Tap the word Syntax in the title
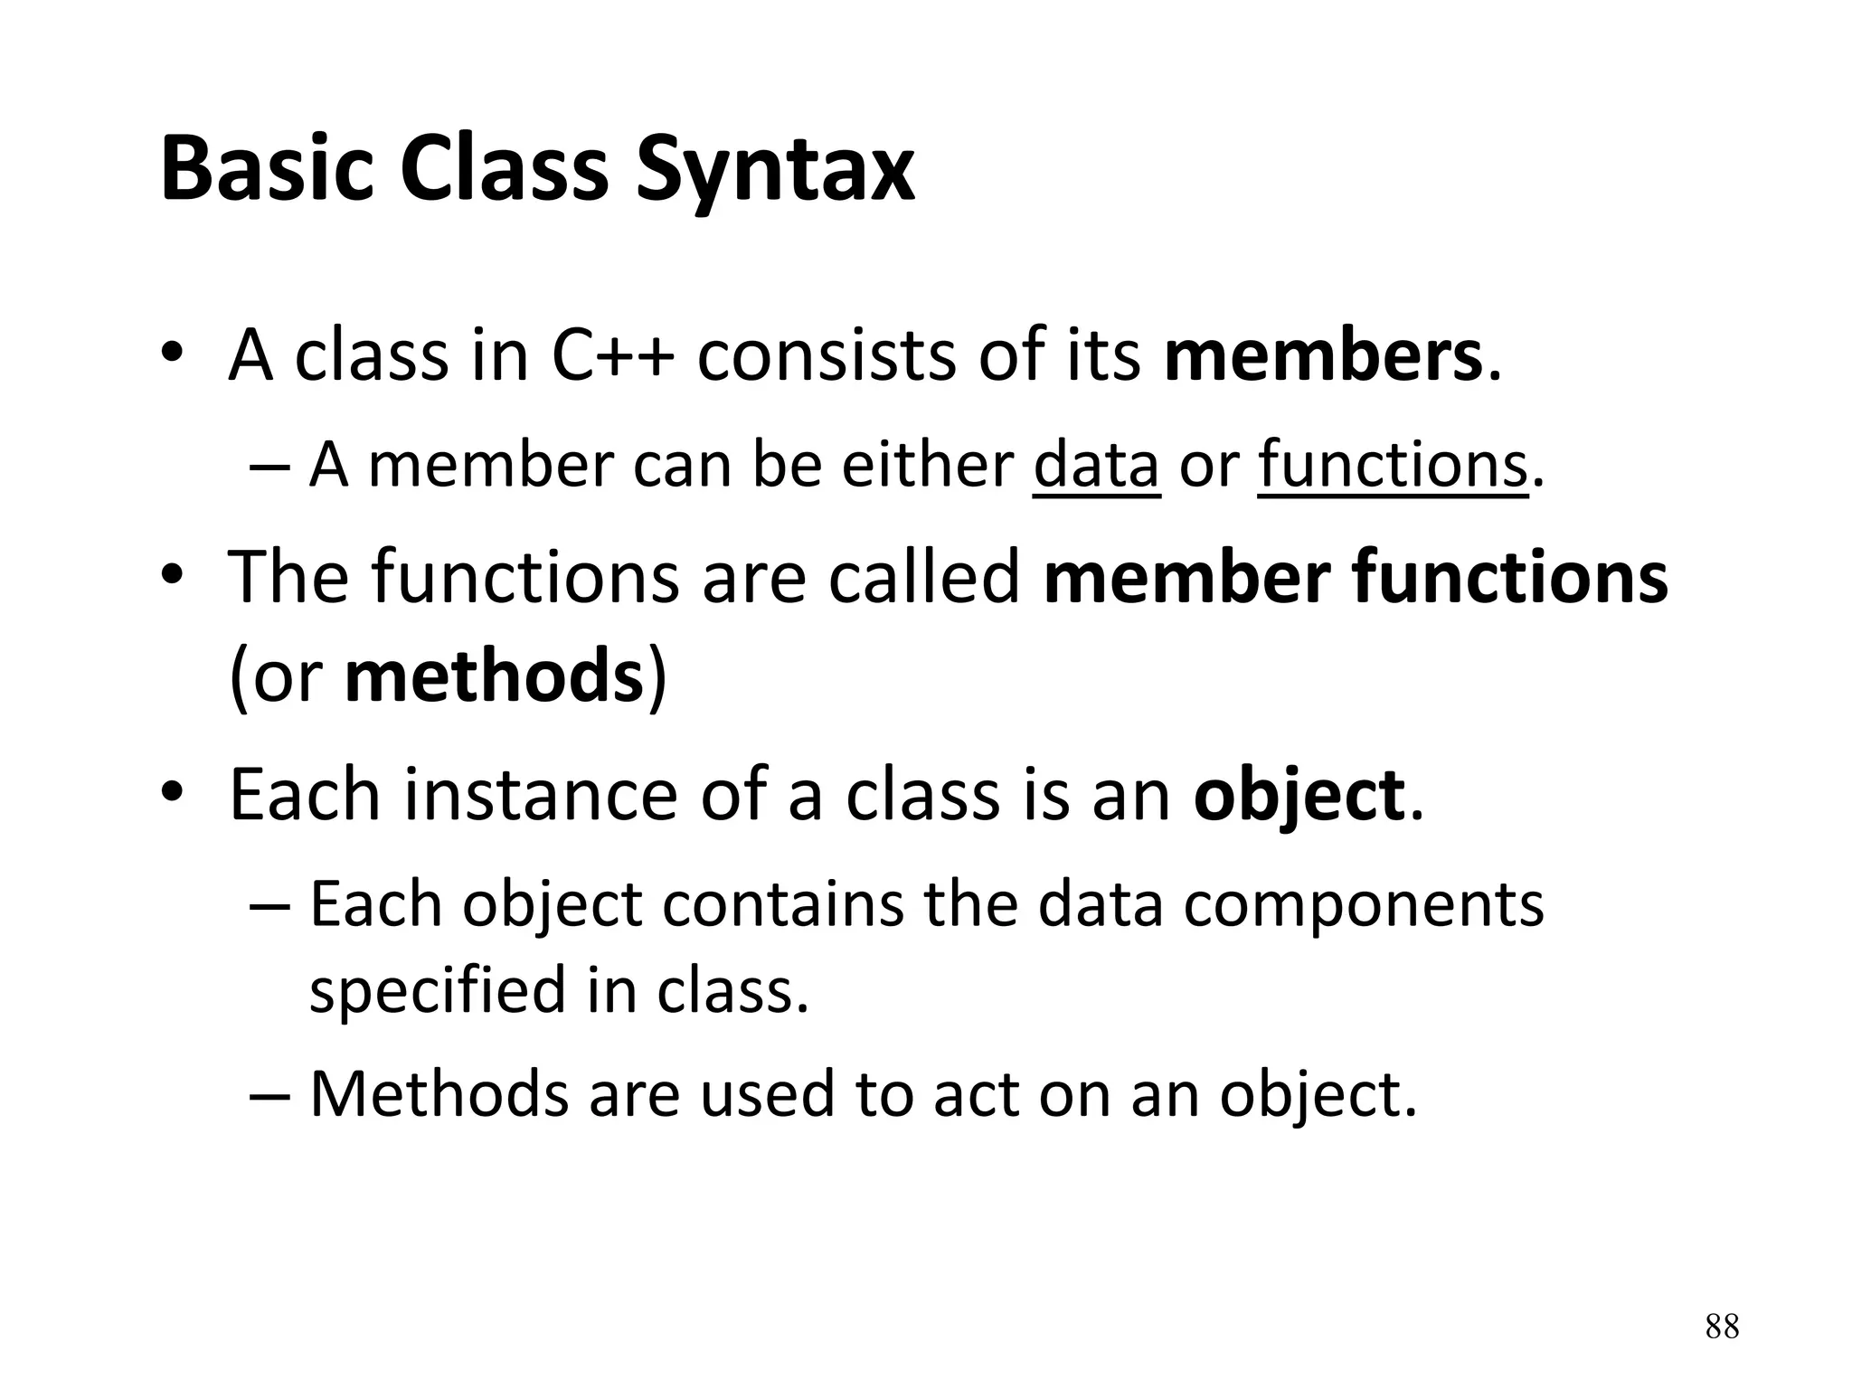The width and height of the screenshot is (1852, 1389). tap(774, 172)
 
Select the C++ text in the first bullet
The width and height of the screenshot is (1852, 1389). tap(611, 355)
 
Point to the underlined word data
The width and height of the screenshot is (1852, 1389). tap(1096, 466)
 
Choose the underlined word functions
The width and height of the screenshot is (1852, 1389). tap(1392, 466)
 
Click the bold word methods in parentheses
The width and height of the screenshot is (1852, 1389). tap(494, 676)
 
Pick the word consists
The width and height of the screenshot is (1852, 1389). tap(826, 355)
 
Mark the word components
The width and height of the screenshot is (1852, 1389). tap(1364, 904)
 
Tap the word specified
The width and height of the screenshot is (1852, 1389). tap(438, 990)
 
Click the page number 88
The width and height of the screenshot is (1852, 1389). tap(1722, 1327)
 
